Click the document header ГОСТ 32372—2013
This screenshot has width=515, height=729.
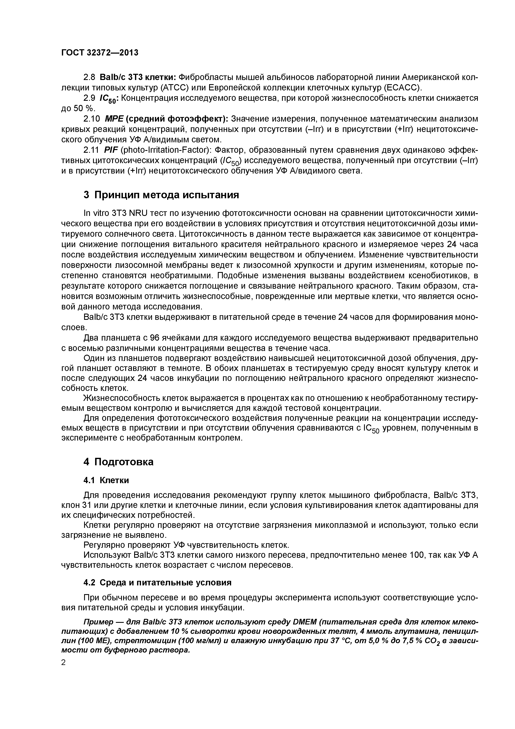pos(100,53)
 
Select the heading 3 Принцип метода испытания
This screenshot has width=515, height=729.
pos(161,195)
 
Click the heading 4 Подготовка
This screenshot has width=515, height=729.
pos(118,462)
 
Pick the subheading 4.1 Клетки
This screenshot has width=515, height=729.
pos(106,480)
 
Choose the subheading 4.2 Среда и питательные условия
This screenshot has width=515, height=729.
pos(157,583)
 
